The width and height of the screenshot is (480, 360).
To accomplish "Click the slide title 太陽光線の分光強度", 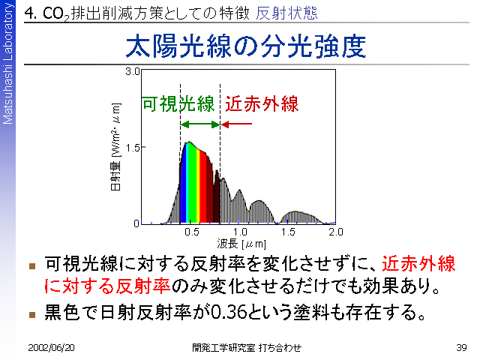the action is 246,46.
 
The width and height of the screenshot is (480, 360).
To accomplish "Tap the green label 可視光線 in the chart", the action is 178,103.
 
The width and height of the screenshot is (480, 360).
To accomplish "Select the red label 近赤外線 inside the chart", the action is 262,103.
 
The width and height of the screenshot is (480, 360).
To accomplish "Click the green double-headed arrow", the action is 200,124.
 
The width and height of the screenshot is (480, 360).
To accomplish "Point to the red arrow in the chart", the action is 236,124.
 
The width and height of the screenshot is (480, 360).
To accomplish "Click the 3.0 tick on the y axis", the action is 132,72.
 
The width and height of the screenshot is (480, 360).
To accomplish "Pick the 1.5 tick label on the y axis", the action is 132,148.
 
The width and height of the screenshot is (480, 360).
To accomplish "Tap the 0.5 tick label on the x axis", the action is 192,232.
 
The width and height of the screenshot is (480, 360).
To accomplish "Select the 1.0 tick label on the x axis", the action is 240,232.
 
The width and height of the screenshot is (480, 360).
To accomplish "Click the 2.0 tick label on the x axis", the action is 336,232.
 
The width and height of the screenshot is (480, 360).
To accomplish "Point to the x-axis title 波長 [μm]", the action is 241,244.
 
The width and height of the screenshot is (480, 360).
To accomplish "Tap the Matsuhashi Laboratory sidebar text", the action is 7,63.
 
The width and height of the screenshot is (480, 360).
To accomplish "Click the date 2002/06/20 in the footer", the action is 51,348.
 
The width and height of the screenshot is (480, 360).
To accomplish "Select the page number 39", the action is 461,348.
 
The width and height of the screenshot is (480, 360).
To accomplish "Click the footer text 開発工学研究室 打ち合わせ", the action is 247,348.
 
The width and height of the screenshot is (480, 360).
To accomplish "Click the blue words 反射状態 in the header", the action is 286,13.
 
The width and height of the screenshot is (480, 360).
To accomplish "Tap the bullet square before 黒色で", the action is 32,315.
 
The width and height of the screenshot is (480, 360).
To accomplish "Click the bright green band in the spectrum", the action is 191,184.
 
